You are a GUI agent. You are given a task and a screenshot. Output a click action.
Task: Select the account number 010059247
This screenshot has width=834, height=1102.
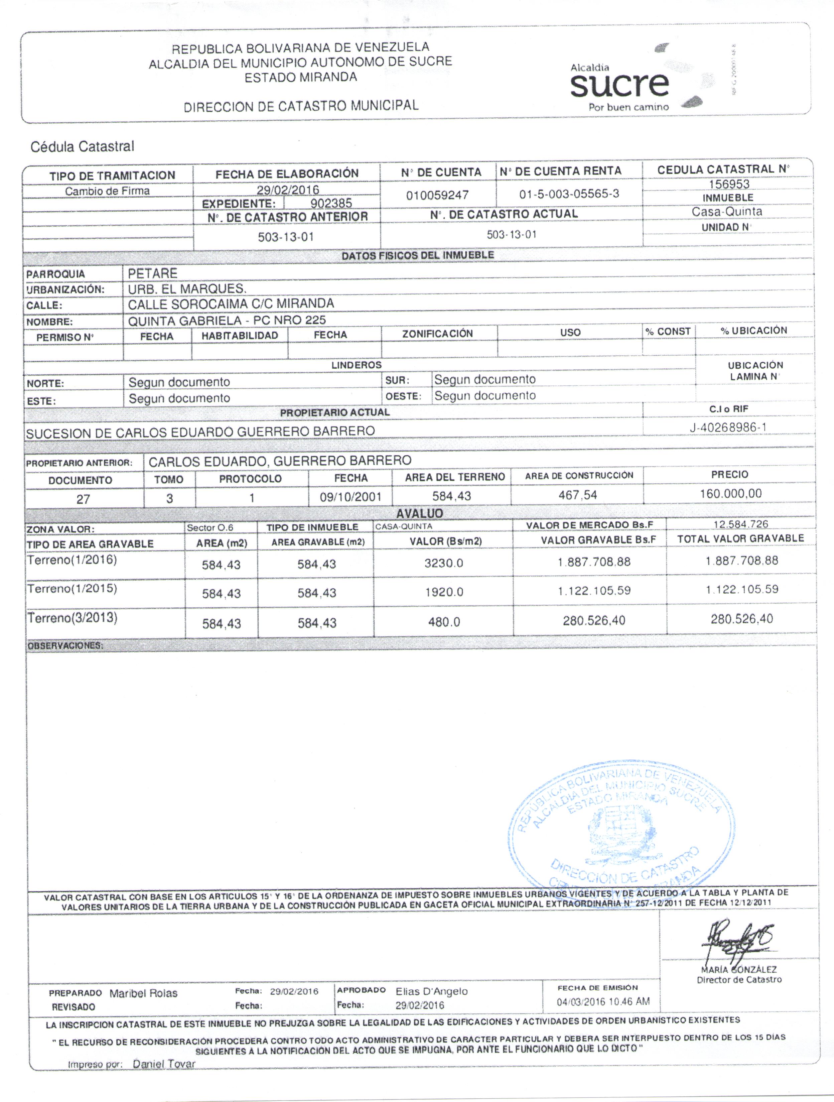[437, 195]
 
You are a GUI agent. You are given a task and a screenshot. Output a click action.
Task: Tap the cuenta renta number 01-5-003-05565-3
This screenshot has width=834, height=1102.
[569, 194]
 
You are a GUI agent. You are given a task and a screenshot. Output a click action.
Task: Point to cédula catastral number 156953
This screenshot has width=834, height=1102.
[729, 184]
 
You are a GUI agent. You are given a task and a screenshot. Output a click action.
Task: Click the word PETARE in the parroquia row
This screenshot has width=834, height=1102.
[152, 273]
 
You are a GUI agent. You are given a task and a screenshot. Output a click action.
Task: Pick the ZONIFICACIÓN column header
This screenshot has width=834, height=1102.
[437, 333]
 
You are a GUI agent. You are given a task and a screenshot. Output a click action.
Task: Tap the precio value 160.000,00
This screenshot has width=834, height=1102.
[730, 493]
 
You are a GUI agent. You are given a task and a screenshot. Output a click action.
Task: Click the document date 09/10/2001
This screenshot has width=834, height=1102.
[351, 497]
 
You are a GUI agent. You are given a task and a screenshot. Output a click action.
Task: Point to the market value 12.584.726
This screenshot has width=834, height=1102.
[740, 524]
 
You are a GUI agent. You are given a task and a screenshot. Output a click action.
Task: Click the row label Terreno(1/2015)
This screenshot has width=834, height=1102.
[72, 588]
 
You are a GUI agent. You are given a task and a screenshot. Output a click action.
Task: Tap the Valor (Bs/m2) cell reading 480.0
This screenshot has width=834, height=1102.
[444, 622]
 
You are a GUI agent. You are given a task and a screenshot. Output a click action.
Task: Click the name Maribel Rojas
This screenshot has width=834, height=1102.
[143, 993]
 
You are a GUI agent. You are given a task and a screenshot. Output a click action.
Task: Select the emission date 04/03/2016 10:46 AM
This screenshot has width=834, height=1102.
[603, 1001]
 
